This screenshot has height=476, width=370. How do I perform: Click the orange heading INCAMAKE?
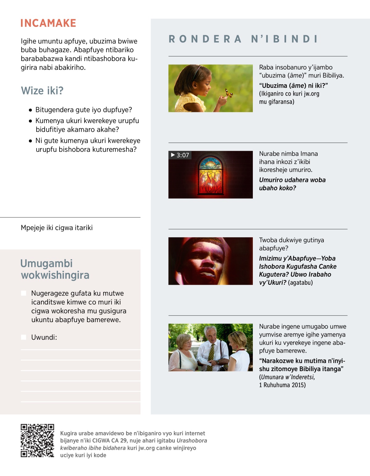pyautogui.click(x=48, y=23)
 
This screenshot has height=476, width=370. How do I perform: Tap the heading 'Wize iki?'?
pyautogui.click(x=42, y=91)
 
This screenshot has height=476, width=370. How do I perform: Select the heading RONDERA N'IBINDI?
pyautogui.click(x=243, y=39)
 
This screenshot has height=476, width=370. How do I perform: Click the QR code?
pyautogui.click(x=37, y=441)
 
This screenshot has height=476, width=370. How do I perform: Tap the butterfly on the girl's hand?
pyautogui.click(x=228, y=93)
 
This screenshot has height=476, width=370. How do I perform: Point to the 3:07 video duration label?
pyautogui.click(x=180, y=155)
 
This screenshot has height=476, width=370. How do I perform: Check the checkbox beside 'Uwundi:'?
pyautogui.click(x=23, y=337)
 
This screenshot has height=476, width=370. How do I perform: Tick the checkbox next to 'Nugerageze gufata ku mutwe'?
pyautogui.click(x=23, y=293)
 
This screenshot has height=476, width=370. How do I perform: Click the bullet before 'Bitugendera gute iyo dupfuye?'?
pyautogui.click(x=30, y=110)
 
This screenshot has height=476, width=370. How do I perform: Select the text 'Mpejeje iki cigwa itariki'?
pyautogui.click(x=57, y=228)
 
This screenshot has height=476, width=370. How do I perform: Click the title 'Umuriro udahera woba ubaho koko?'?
pyautogui.click(x=292, y=184)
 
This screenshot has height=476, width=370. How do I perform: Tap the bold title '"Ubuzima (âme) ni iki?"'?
pyautogui.click(x=293, y=85)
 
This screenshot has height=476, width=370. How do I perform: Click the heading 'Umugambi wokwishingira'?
pyautogui.click(x=55, y=269)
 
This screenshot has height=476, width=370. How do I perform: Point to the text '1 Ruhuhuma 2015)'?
pyautogui.click(x=282, y=385)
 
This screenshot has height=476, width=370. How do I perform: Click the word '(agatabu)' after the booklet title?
pyautogui.click(x=300, y=283)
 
